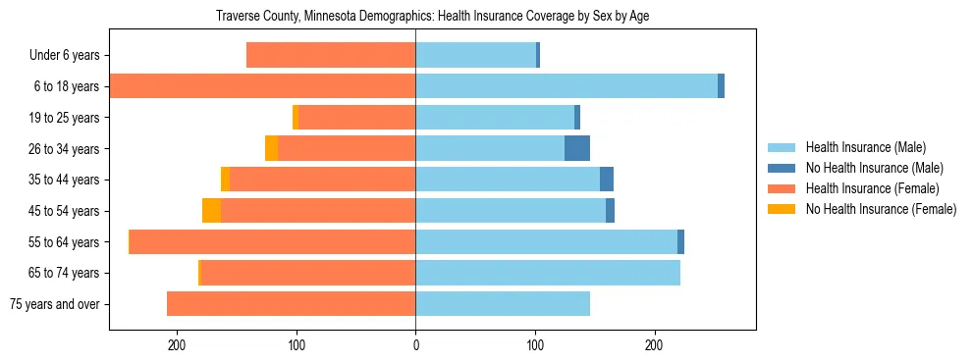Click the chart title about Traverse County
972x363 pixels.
pos(432,16)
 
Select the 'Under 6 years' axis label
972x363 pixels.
pos(64,55)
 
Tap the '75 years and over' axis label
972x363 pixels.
pos(55,304)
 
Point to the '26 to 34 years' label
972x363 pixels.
pos(64,149)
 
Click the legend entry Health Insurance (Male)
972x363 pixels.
pos(865,147)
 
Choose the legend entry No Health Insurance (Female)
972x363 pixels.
pos(881,209)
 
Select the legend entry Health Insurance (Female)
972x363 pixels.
pos(873,188)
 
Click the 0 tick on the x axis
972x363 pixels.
pos(415,345)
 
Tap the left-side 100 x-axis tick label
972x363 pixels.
pos(297,345)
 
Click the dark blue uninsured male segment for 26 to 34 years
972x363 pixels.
pos(577,149)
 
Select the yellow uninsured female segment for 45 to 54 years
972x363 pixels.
pos(211,211)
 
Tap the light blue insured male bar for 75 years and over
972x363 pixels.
pos(503,304)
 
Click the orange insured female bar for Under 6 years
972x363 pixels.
pos(331,55)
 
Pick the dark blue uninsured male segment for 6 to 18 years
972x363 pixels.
pos(721,86)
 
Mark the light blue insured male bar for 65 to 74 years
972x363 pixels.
pos(548,273)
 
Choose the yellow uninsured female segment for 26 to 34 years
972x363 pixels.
pos(271,149)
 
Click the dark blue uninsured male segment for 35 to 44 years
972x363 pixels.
pos(607,180)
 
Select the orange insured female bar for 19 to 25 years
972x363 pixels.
pos(356,118)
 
